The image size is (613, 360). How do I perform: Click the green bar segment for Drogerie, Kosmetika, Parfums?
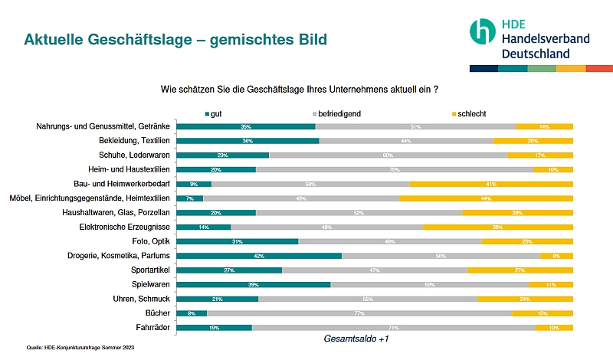coord(259,256)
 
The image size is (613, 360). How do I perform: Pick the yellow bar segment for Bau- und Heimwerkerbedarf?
coord(491,184)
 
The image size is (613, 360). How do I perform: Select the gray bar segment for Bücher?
coord(359,313)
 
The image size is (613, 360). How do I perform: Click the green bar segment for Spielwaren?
coord(254,284)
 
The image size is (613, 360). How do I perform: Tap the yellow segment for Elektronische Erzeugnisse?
coord(497,227)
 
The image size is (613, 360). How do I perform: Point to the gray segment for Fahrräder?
coord(393,328)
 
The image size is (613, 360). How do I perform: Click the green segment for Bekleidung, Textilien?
coord(247,141)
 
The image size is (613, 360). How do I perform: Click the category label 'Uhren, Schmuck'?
coord(139,299)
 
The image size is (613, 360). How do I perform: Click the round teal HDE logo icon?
coord(482,31)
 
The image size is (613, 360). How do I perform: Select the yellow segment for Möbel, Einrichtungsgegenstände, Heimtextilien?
coord(486,198)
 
